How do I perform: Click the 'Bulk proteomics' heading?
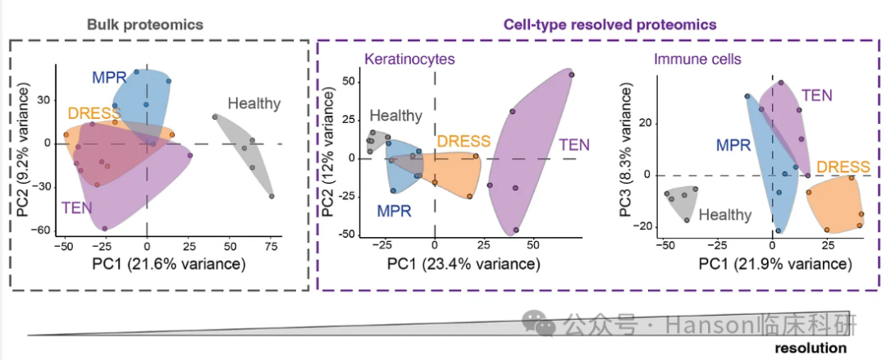point(145,25)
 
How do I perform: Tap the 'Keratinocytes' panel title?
point(409,60)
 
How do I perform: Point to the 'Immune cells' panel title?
point(698,60)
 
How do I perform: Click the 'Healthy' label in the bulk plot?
point(254,103)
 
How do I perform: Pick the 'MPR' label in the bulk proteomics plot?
point(109,78)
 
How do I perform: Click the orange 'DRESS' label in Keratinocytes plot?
point(464,141)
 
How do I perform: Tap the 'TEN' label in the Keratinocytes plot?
point(574,144)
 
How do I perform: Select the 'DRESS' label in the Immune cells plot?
point(843,166)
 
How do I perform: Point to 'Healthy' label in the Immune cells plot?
point(725,215)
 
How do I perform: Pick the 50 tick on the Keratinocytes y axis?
point(347,81)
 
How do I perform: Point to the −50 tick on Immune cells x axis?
point(665,245)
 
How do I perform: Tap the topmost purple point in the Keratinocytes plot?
point(572,75)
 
